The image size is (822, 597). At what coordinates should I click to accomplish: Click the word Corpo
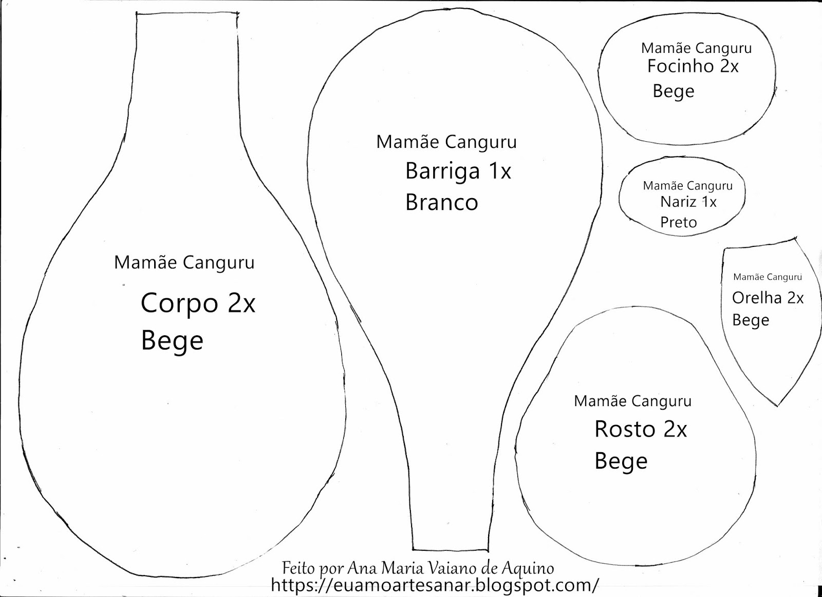179,303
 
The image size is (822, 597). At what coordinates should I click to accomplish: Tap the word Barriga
442,171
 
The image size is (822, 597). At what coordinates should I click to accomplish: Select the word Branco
441,203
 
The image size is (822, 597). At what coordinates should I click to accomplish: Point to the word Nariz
678,202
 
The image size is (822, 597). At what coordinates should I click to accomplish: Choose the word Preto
678,222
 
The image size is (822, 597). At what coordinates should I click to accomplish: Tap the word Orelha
757,298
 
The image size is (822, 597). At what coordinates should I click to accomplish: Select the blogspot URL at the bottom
435,585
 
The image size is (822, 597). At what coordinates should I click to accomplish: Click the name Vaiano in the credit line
453,568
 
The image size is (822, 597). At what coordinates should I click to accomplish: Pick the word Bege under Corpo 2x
172,341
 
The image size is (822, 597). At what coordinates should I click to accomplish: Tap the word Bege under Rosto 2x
621,461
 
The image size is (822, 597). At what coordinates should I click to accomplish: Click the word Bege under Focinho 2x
673,91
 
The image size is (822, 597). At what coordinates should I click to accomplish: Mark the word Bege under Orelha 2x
751,320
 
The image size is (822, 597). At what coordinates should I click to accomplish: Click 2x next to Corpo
241,303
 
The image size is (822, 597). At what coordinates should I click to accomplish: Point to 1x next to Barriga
499,171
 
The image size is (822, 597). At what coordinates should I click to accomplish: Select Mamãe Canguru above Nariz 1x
687,186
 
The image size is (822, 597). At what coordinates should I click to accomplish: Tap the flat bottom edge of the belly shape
450,548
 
